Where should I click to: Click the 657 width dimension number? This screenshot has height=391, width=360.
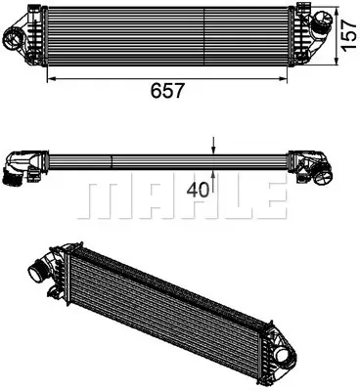[x=168, y=90]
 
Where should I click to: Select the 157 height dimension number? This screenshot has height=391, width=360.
[x=346, y=36]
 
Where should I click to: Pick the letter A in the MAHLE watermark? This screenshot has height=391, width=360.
[x=148, y=199]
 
